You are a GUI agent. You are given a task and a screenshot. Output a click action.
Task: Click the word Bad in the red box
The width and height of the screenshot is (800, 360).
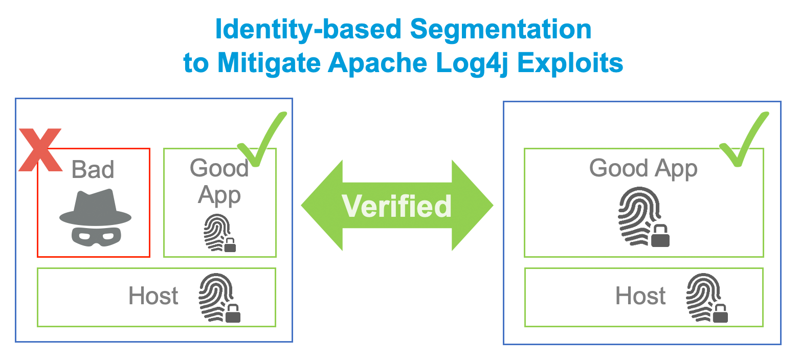point(93,169)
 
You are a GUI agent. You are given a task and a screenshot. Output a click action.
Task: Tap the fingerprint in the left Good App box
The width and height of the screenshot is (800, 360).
point(219,233)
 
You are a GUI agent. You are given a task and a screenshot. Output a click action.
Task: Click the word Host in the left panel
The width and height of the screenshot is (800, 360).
point(153,296)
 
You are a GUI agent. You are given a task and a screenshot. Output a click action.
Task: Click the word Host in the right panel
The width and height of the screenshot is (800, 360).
point(640,296)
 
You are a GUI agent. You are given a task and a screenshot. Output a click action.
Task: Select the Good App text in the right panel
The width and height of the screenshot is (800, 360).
point(643,168)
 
